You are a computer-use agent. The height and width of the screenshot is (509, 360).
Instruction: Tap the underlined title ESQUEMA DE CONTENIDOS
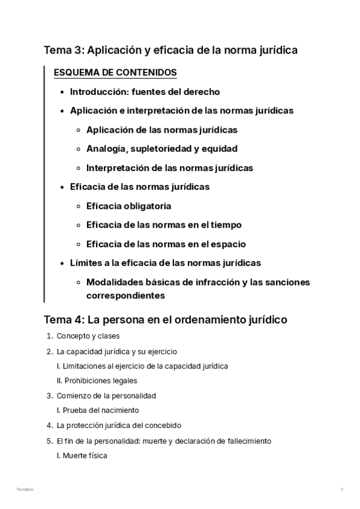(115, 73)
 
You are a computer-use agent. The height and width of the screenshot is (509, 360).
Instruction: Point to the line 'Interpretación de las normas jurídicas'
(169, 167)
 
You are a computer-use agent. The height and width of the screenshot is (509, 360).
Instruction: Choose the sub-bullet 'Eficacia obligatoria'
(128, 206)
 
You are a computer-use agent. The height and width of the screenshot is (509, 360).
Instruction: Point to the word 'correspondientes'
(125, 295)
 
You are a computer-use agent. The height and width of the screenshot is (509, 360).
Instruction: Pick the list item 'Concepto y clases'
(88, 336)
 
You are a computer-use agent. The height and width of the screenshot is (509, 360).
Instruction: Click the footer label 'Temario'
(25, 490)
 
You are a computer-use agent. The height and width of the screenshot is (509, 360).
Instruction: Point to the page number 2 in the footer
(342, 490)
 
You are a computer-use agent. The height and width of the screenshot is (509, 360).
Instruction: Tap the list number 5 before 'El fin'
(49, 441)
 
